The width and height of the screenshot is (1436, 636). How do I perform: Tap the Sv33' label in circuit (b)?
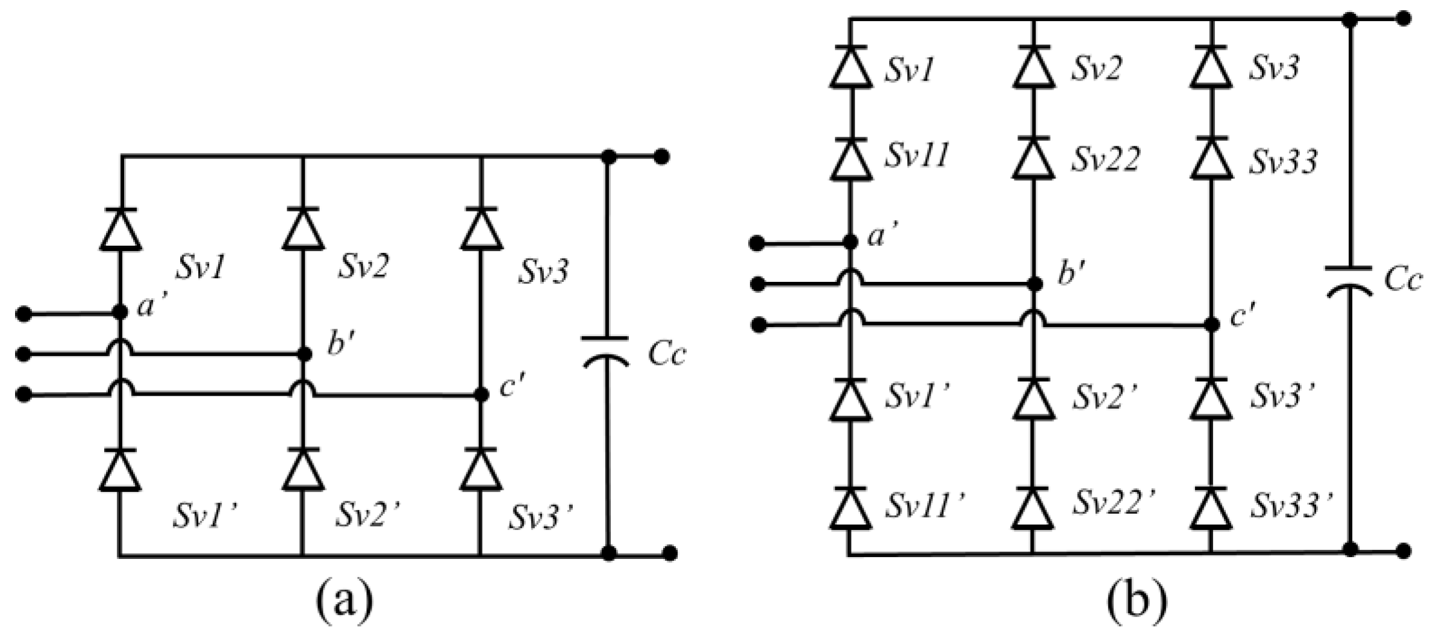[1289, 506]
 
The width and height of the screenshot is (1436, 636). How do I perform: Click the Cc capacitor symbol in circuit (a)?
[607, 351]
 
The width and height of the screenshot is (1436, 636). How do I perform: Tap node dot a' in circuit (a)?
[120, 312]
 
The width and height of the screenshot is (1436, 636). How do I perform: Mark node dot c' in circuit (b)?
[1212, 325]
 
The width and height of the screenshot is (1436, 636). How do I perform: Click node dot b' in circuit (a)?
[305, 354]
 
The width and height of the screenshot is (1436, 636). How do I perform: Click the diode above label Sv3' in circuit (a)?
[481, 469]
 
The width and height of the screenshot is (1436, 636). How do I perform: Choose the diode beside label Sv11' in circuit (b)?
[850, 508]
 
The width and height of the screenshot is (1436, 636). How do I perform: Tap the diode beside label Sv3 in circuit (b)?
[1212, 67]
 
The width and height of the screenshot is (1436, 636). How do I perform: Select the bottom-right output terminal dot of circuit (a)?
[669, 553]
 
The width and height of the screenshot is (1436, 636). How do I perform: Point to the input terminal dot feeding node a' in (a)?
[24, 314]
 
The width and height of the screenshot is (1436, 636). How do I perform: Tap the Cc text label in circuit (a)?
[666, 355]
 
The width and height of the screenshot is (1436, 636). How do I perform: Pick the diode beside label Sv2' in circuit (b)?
[1034, 399]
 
